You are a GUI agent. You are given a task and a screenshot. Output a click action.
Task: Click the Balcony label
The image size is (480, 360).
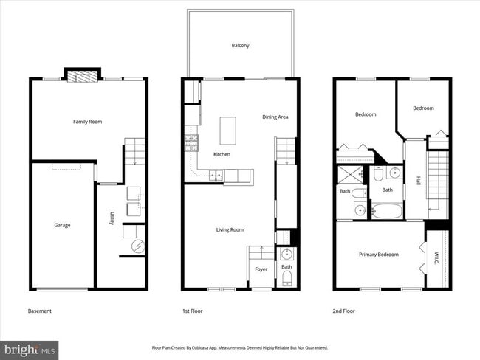point(240,46)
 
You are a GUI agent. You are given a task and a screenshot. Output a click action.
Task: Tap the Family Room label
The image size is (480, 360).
point(87,122)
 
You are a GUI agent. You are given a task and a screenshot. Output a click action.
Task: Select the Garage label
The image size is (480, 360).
point(62,225)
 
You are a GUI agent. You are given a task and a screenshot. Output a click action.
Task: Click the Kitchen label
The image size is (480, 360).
point(222,154)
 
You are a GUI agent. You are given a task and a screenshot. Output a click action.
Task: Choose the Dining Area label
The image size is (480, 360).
point(275,117)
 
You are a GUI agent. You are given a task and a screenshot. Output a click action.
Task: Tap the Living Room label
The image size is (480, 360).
point(230,229)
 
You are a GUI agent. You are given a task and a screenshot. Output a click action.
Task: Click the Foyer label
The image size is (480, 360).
point(261,269)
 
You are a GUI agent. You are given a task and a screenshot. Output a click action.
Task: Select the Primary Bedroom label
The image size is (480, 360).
point(379,255)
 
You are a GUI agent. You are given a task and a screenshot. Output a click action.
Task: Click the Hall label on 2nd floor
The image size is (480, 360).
point(418,181)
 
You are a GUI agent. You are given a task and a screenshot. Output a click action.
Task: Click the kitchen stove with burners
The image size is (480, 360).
point(191,142)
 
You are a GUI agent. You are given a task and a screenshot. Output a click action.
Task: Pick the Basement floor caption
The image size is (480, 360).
point(40,311)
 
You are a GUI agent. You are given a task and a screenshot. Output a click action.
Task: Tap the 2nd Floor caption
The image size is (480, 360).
point(343,311)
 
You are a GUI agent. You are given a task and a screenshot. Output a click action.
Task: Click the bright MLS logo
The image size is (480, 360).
point(30,348)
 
